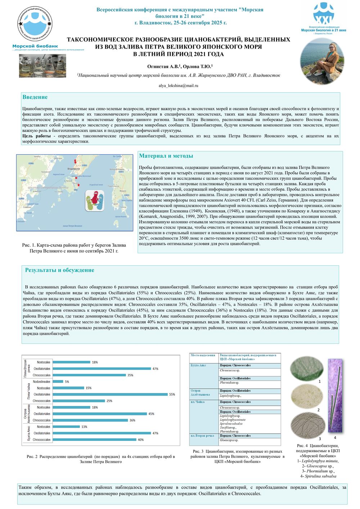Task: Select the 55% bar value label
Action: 172,394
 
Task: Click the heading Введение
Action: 35,97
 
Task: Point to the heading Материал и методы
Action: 166,156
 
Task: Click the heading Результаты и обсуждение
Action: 59,270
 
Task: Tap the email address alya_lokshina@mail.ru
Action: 179,86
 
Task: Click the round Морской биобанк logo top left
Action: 35,25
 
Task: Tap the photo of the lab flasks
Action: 42,66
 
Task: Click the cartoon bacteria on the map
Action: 94,200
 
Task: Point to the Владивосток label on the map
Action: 73,169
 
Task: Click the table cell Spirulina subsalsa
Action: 231,424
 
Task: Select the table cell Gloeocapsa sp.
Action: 229,440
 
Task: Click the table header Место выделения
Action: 203,356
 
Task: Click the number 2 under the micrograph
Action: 319,410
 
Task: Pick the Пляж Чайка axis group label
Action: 28,391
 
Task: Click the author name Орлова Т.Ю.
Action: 199,67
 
